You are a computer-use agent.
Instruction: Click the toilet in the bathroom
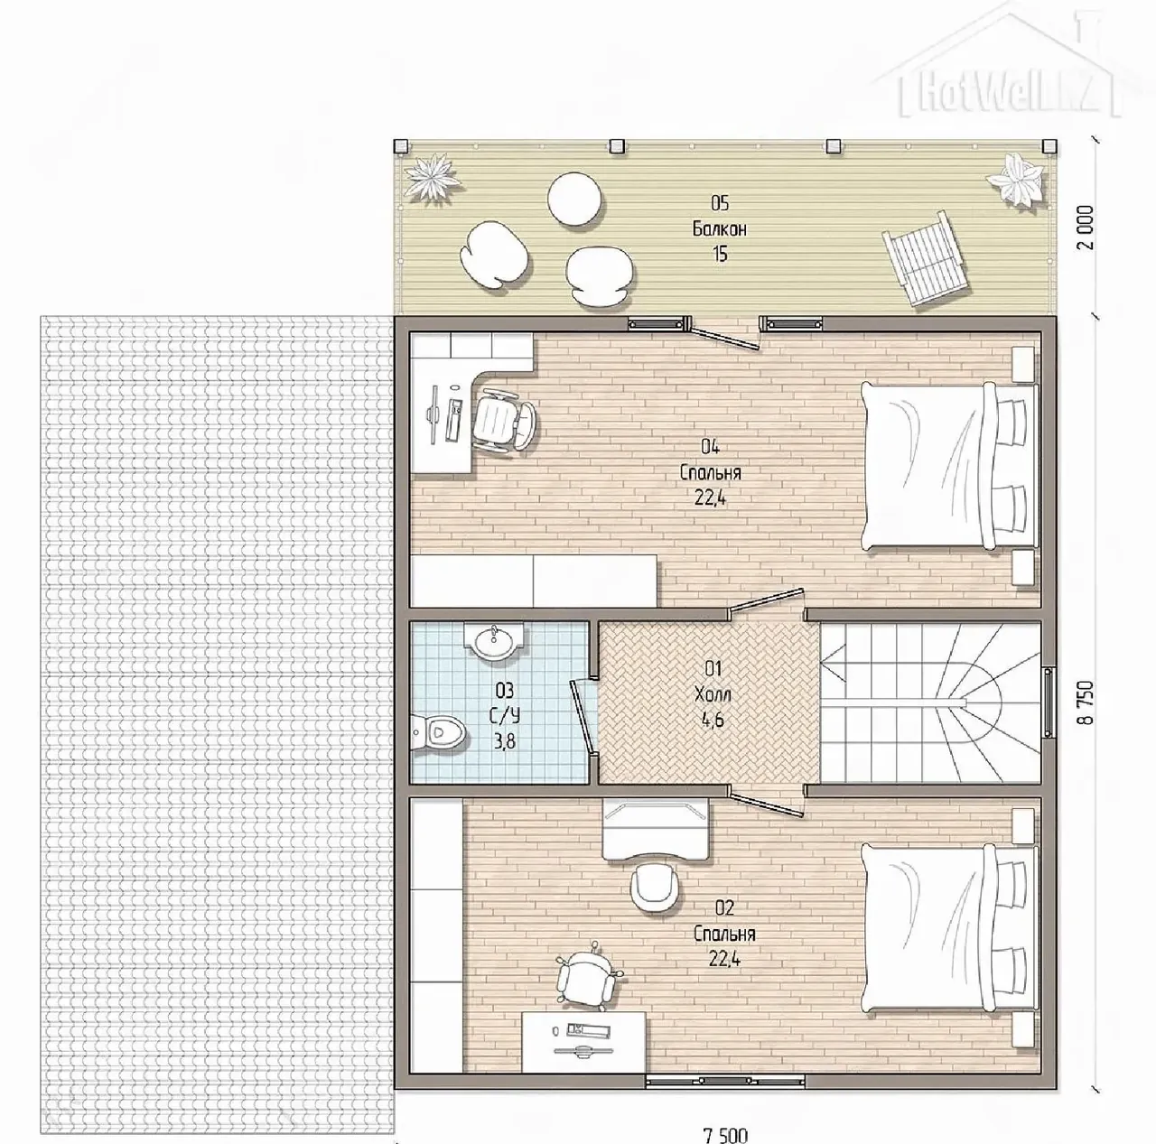click(440, 732)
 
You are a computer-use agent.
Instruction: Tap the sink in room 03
click(493, 641)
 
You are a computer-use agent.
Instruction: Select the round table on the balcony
click(574, 200)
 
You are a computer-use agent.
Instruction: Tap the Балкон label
click(719, 229)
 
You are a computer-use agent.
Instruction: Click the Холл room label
click(713, 694)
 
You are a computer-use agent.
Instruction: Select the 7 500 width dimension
click(725, 1135)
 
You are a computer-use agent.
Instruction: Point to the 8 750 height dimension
click(1087, 702)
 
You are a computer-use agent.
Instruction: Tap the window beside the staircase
click(1049, 702)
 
